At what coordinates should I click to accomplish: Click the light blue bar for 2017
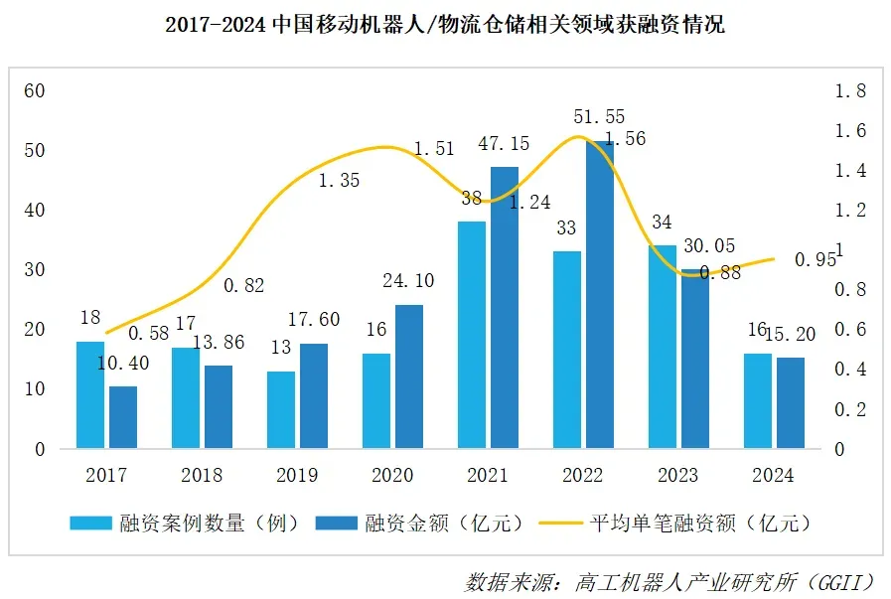pos(90,394)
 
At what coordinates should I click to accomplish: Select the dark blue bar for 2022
pos(600,295)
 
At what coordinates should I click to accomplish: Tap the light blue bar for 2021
pos(472,335)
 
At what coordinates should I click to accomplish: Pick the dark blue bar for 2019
pos(314,395)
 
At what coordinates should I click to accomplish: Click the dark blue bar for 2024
pos(791,402)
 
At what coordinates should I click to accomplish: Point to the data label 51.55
pos(599,117)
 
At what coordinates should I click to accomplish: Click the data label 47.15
pos(505,145)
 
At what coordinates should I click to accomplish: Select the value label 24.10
pos(408,281)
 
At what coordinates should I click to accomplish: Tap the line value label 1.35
pos(339,181)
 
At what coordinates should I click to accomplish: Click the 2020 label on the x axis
pos(391,475)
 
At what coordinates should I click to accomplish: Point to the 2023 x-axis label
pos(677,475)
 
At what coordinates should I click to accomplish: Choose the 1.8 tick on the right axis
pos(851,90)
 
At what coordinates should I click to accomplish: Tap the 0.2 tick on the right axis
pos(851,409)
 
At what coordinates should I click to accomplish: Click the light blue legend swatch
pos(90,523)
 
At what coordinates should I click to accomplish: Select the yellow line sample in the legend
pos(559,523)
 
